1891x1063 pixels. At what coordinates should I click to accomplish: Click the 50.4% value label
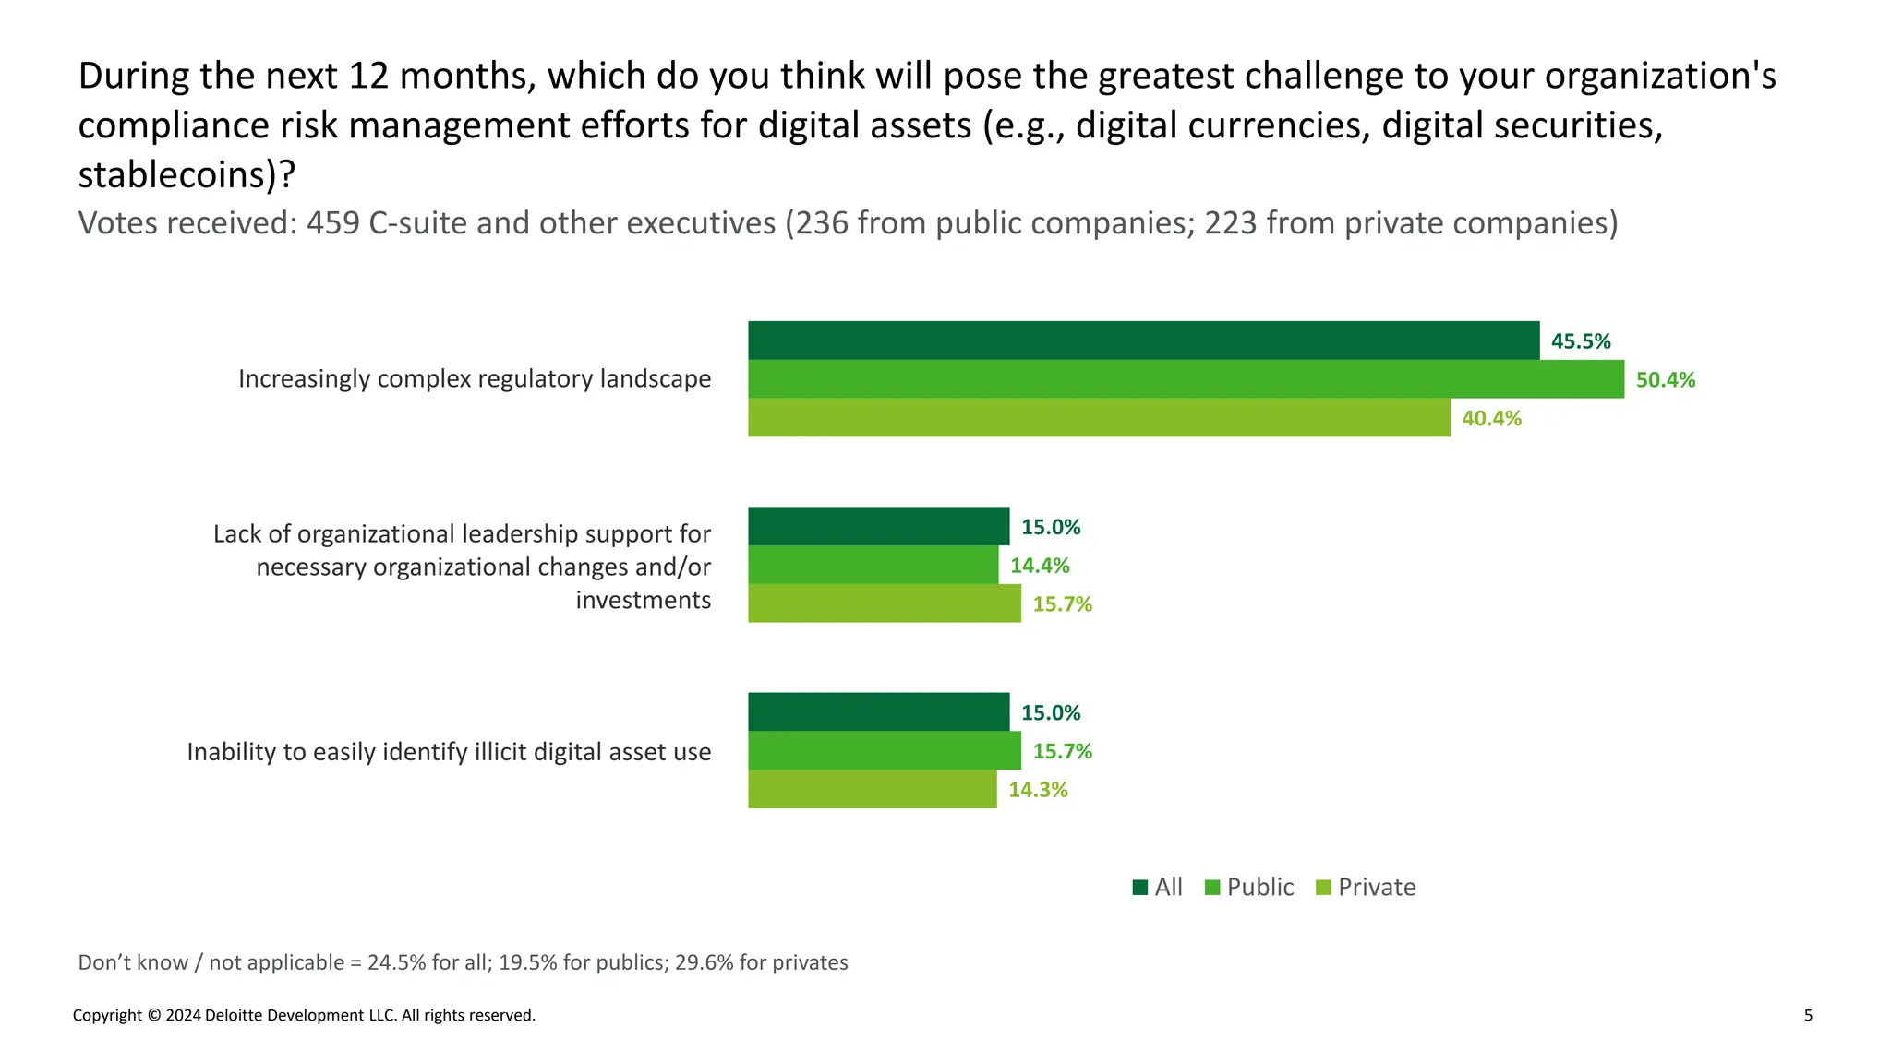click(x=1665, y=380)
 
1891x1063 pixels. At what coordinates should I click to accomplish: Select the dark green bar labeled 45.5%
click(x=1143, y=340)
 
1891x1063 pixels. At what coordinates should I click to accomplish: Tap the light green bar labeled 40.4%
click(x=1099, y=418)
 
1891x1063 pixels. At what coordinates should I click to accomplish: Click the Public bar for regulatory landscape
click(x=1186, y=379)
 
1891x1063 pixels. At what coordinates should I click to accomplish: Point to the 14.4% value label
click(x=1039, y=566)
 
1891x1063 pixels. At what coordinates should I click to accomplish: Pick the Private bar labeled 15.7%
click(x=884, y=603)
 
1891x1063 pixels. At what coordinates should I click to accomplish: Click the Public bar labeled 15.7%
click(x=884, y=751)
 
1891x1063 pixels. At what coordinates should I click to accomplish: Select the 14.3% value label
click(x=1037, y=790)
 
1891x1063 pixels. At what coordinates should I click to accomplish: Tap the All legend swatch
click(x=1140, y=888)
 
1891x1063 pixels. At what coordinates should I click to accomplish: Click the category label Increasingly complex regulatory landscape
click(x=475, y=379)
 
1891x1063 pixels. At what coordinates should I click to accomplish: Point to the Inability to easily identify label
click(x=449, y=752)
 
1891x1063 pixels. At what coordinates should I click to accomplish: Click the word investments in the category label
click(x=643, y=601)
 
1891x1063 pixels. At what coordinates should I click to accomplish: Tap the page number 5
click(x=1808, y=1016)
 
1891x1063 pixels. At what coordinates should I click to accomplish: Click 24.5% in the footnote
click(x=396, y=962)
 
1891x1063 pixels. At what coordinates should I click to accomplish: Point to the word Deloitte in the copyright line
click(x=237, y=1016)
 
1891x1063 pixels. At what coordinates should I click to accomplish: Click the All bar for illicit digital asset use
click(x=878, y=712)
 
